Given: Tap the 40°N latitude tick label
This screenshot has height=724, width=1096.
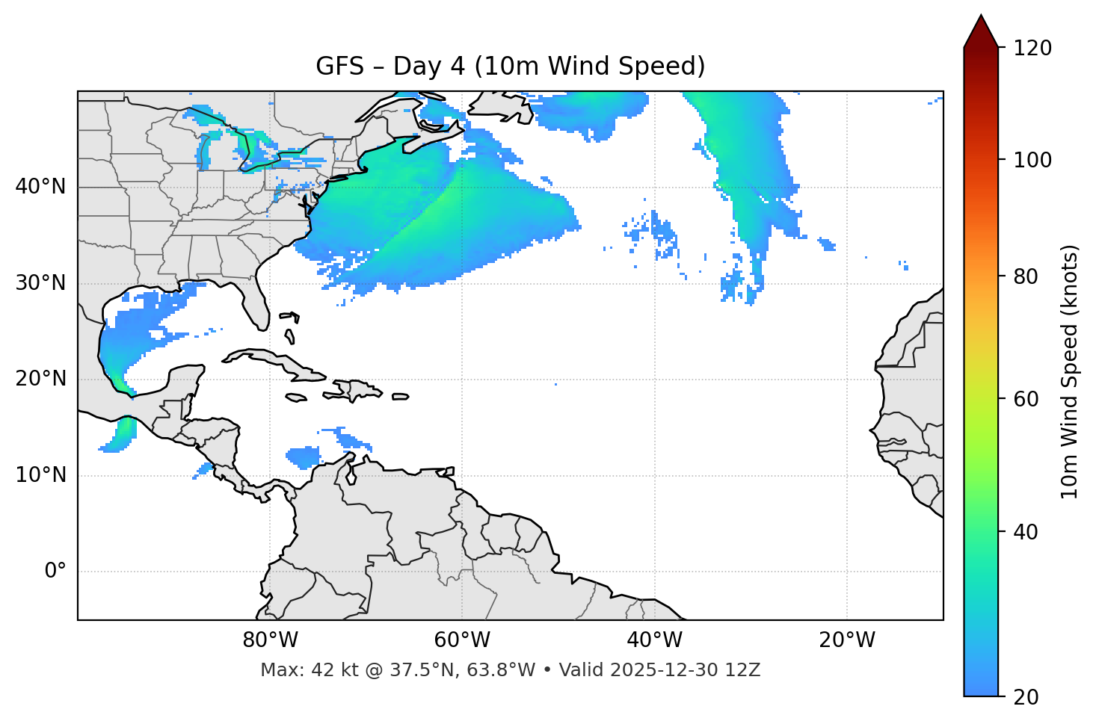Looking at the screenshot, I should click(40, 187).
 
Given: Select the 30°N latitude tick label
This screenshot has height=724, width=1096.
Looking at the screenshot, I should click(40, 283).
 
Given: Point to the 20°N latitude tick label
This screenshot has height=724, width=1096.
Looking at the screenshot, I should click(40, 379).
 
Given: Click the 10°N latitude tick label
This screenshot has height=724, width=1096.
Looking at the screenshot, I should click(40, 475).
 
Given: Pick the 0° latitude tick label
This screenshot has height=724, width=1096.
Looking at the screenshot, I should click(55, 572).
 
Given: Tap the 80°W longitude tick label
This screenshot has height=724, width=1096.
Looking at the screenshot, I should click(270, 640).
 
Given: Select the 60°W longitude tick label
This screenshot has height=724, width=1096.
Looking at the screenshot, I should click(462, 640).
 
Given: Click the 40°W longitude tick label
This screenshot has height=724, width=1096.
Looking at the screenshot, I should click(654, 640).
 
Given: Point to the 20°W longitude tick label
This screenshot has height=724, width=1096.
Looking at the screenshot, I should click(846, 640).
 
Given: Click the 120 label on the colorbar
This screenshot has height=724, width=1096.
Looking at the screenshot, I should click(1032, 49).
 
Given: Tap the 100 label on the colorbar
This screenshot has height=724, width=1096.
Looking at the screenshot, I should click(1032, 160).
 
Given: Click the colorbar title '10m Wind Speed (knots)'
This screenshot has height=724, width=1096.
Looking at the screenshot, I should click(1070, 372).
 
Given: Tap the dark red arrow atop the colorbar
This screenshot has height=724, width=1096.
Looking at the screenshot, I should click(981, 31).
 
